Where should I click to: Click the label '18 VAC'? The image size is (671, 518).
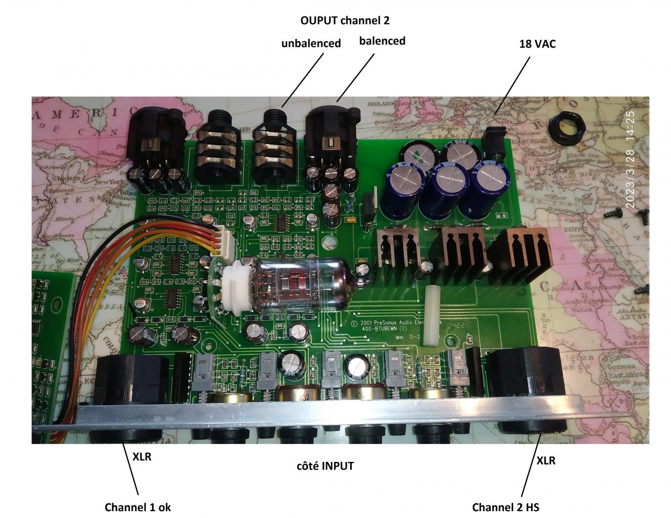click(x=537, y=44)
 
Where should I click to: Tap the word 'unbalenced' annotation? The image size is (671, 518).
click(x=311, y=44)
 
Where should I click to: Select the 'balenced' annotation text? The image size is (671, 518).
click(x=382, y=41)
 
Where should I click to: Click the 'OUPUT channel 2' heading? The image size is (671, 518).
click(x=345, y=21)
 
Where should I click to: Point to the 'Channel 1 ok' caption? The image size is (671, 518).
click(x=137, y=507)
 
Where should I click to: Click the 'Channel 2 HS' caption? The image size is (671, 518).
click(x=505, y=507)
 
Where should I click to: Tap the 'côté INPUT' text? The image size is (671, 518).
click(x=325, y=466)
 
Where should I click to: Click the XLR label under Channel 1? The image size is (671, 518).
click(x=142, y=457)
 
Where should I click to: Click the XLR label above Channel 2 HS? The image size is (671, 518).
click(x=546, y=461)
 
